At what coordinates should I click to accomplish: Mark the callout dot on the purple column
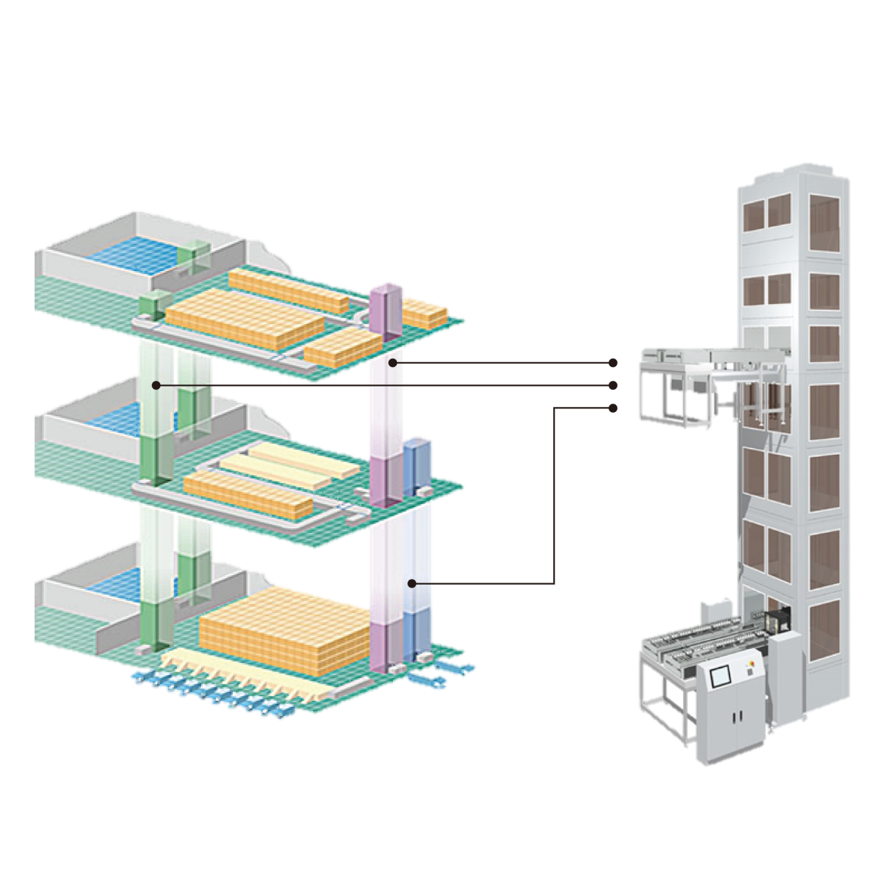(x=392, y=362)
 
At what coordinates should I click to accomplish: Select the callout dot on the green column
(x=156, y=385)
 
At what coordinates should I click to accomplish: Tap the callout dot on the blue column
(x=412, y=583)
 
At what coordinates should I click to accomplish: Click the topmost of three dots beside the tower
(x=613, y=362)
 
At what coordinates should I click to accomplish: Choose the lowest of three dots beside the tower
(x=613, y=408)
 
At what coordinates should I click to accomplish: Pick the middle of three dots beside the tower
(x=613, y=385)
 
